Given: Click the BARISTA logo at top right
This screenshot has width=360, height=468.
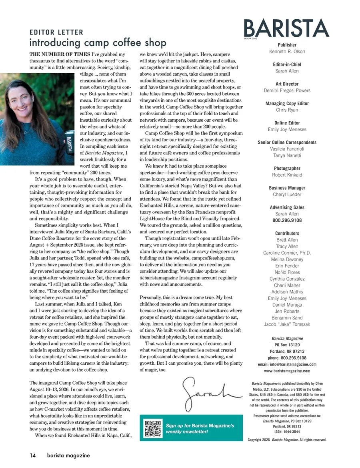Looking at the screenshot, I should [x=287, y=28].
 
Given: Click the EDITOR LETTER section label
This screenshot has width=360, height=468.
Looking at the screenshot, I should [x=56, y=32].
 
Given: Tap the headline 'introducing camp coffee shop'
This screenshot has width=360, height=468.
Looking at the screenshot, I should [x=98, y=42].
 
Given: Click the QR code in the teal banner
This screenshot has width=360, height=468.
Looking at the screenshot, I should [x=153, y=428].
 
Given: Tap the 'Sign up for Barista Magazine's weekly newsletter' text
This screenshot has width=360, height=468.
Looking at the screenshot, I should [x=200, y=428].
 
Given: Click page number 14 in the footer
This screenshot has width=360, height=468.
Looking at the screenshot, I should [x=33, y=455].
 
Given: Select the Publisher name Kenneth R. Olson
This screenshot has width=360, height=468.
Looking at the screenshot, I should [x=287, y=52].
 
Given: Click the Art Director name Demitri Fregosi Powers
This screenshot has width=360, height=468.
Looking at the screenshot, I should [x=287, y=90].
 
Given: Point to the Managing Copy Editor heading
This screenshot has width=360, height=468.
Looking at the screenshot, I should [x=287, y=103].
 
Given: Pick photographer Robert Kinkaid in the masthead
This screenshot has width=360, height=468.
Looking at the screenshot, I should [x=287, y=175].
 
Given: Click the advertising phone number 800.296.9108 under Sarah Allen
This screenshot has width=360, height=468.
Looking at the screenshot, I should [x=287, y=220].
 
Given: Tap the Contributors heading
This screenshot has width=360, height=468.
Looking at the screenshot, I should [x=287, y=233].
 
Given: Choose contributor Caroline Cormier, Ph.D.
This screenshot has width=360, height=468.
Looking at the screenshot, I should [x=287, y=253].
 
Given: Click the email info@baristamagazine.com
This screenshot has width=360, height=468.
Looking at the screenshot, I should [x=287, y=364].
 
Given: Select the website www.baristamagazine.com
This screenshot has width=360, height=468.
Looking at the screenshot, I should [x=287, y=371].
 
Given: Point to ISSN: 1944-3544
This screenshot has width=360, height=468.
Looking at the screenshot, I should [x=287, y=432].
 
